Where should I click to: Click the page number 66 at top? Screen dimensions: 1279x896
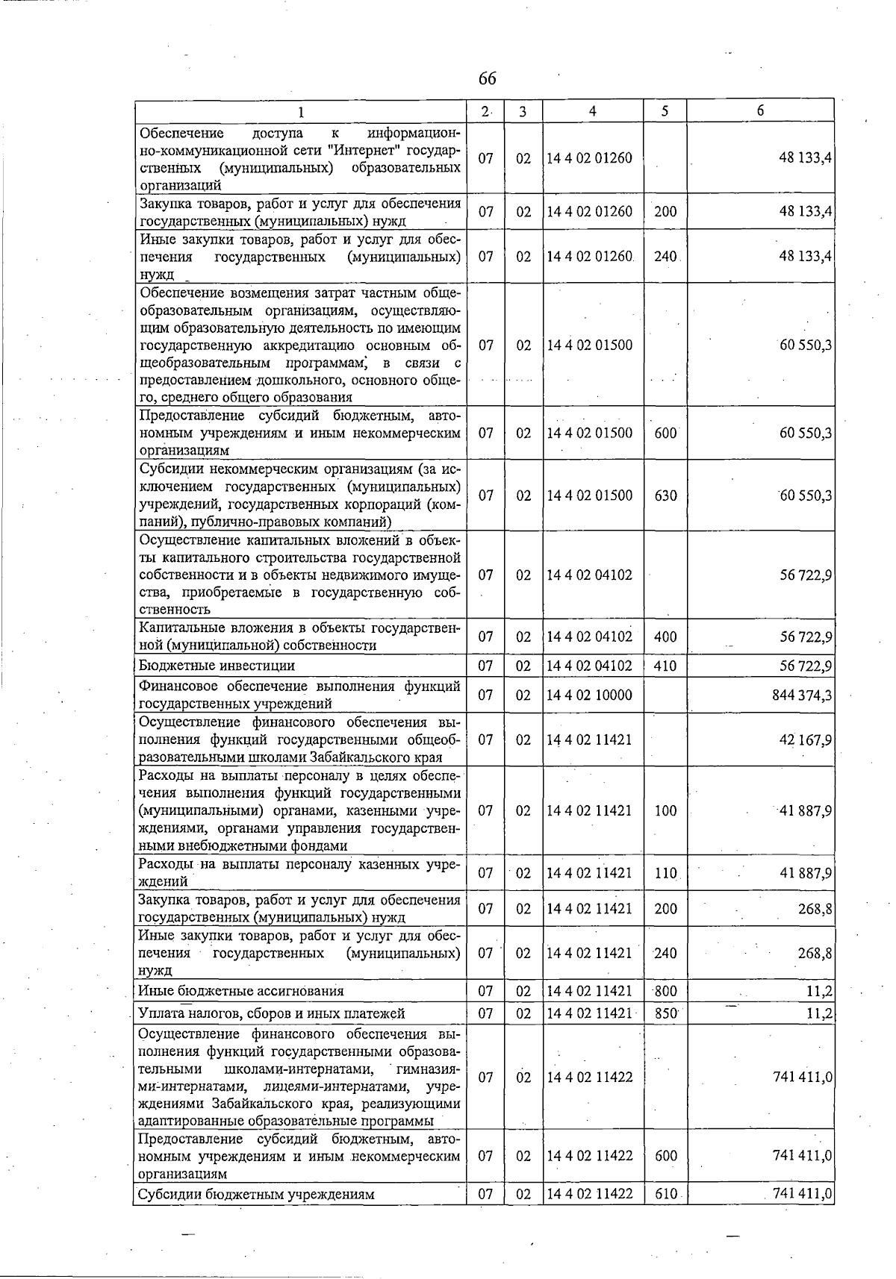tap(487, 79)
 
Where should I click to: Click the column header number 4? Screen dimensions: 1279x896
tap(592, 111)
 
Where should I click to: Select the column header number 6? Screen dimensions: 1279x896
tap(759, 110)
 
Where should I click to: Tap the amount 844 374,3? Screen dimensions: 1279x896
tap(802, 695)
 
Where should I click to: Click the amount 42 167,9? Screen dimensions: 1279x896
tap(806, 740)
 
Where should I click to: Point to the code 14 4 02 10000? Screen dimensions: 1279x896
tap(589, 695)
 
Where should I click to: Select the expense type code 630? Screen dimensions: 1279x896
tap(665, 495)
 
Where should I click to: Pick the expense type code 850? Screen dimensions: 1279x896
tap(665, 1013)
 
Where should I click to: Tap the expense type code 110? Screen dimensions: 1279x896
tap(665, 873)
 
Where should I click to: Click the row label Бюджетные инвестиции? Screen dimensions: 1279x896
tap(217, 666)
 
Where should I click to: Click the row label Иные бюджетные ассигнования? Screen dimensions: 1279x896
tap(241, 991)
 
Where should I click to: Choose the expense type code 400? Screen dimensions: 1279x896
tap(665, 637)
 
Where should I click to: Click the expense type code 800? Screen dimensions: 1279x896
tap(665, 991)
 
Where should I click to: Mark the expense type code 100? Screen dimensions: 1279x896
tap(665, 811)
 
